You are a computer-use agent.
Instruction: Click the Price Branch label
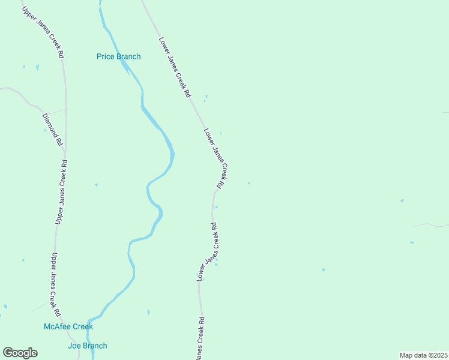point(119,57)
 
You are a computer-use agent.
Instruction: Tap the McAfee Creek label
point(68,327)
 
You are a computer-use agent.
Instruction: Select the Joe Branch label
point(88,346)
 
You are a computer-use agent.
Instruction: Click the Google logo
point(20,353)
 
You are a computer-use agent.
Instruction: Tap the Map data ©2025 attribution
point(423,355)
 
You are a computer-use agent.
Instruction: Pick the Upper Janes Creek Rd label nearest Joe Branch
point(55,285)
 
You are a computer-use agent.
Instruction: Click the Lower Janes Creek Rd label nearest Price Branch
point(174,67)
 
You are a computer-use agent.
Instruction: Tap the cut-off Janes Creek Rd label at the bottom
point(200,339)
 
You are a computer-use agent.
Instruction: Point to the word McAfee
point(56,327)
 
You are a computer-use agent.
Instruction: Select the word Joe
point(74,346)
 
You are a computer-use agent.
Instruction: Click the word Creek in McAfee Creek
point(82,327)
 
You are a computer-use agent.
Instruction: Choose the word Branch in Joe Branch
point(95,346)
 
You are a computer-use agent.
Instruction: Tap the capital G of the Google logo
point(8,353)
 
